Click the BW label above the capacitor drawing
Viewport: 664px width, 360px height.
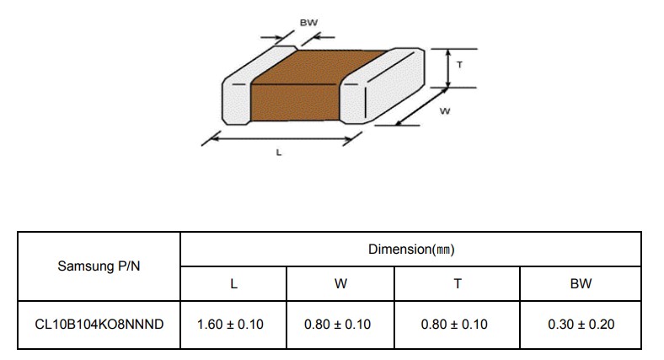pos(308,23)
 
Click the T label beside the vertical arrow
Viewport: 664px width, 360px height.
pos(459,65)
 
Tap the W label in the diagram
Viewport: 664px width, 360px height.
pos(445,111)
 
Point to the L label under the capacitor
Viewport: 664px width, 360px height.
pos(279,153)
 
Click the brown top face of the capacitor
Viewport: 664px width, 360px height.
pos(319,67)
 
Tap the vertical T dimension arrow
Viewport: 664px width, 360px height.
pos(448,68)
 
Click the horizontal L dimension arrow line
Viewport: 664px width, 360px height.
pos(282,138)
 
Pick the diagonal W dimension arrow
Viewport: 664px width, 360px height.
pos(422,106)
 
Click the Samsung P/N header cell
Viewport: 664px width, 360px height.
pos(99,266)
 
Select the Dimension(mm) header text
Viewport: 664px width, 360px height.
pos(411,249)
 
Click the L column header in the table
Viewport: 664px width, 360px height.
pos(233,284)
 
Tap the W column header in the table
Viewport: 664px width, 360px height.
pos(340,284)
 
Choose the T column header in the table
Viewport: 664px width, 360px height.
pos(458,284)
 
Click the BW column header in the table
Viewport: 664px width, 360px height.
pos(581,284)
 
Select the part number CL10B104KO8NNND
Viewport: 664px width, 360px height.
pos(99,325)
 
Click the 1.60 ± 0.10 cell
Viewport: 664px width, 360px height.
pos(230,325)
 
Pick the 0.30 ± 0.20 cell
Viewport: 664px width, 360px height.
pos(581,325)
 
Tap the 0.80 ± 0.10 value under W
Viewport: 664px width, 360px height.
pos(338,325)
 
